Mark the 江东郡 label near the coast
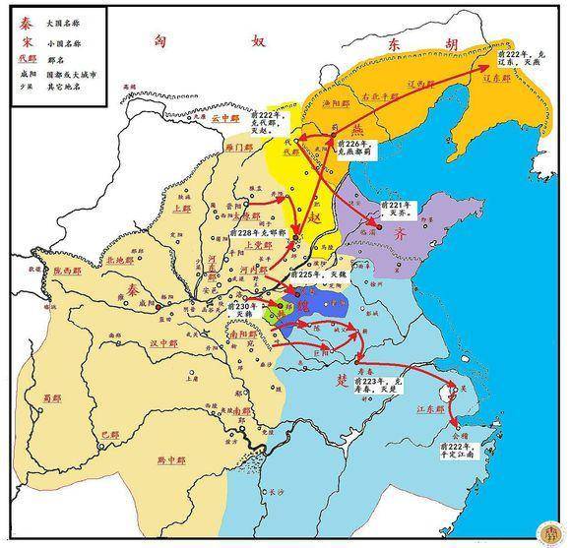430,406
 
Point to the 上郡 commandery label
180,209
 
